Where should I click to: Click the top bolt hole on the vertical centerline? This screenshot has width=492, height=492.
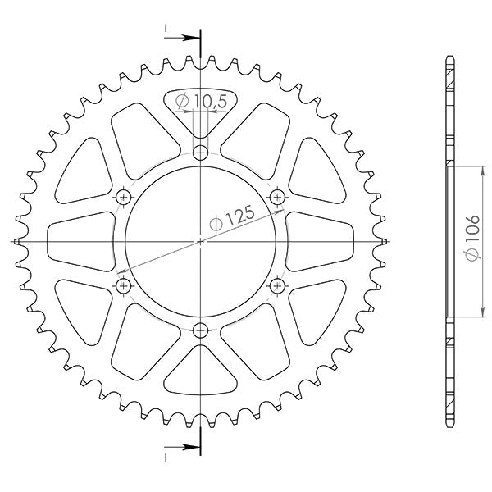pyautogui.click(x=201, y=153)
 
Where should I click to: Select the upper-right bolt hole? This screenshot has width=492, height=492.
pyautogui.click(x=277, y=197)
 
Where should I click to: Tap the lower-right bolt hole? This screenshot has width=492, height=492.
pyautogui.click(x=277, y=285)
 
